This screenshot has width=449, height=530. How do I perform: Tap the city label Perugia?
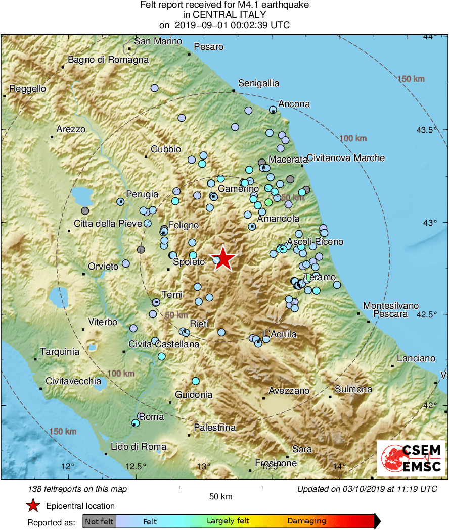point(142,194)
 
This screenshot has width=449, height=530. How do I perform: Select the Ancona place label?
point(294,104)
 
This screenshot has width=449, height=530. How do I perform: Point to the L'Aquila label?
point(280,334)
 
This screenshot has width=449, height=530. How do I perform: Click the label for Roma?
point(151,417)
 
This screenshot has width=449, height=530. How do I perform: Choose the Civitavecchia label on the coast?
point(73,381)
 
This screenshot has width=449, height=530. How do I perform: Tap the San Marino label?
point(158,41)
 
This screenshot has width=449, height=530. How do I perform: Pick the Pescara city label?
point(390,314)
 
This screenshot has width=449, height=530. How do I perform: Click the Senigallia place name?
point(258,83)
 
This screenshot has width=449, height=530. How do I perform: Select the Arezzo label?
point(71,129)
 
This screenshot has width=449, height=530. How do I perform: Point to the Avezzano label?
point(289,391)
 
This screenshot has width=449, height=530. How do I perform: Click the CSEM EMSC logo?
point(411,459)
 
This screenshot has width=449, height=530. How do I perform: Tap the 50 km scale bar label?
point(221,496)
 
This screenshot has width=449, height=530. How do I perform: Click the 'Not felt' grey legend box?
point(99,521)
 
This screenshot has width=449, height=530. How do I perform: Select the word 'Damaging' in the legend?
point(306,521)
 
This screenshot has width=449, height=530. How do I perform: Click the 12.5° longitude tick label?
point(136,466)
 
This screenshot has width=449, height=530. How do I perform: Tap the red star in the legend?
point(33,505)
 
